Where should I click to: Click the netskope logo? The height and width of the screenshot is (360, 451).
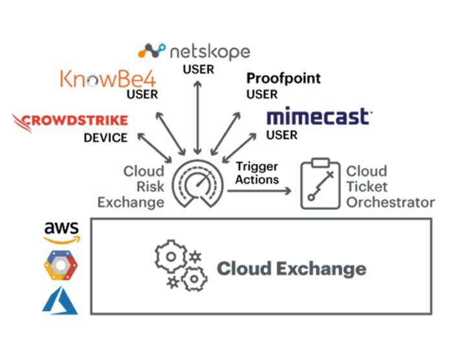pyautogui.click(x=194, y=52)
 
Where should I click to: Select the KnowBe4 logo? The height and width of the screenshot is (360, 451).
pyautogui.click(x=108, y=78)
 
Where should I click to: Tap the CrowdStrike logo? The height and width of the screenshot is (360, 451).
pyautogui.click(x=70, y=120)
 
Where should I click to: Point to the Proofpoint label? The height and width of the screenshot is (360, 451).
pyautogui.click(x=283, y=79)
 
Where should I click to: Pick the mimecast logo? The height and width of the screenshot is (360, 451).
pyautogui.click(x=319, y=117)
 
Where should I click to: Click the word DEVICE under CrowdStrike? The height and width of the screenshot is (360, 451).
pyautogui.click(x=106, y=137)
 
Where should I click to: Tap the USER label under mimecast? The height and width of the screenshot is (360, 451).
pyautogui.click(x=282, y=135)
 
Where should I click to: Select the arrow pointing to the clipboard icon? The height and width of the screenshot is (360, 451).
pyautogui.click(x=263, y=192)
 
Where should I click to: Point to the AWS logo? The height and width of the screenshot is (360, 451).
pyautogui.click(x=62, y=232)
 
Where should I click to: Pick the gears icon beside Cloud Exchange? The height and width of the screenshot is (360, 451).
pyautogui.click(x=178, y=266)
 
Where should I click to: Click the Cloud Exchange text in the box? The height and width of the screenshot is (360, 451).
pyautogui.click(x=291, y=268)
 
